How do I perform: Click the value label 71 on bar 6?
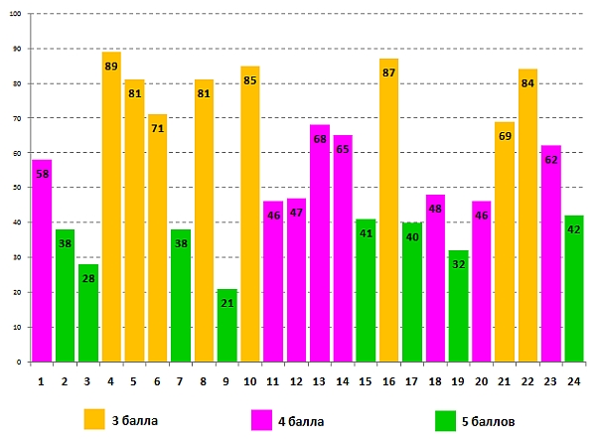[157, 129]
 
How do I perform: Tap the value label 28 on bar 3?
[88, 279]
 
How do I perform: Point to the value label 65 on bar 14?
[342, 150]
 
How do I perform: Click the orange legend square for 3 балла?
[94, 419]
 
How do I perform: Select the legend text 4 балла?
[301, 420]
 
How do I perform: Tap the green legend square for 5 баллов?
[445, 420]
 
